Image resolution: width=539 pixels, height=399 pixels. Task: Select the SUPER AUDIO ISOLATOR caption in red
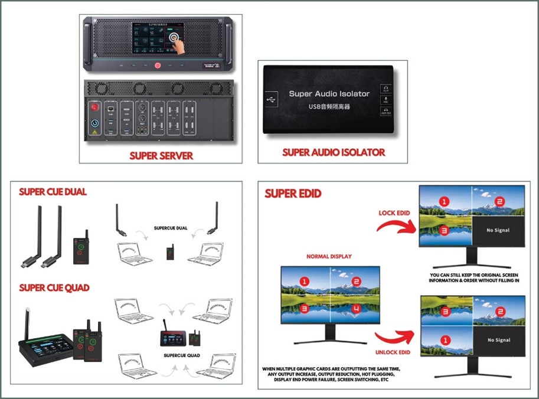[334, 152]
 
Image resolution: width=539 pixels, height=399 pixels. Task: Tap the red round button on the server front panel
[157, 66]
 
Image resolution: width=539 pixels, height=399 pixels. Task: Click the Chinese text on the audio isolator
[329, 107]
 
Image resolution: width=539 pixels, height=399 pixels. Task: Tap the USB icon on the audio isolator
[270, 99]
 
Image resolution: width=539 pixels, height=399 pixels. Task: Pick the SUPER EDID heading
[289, 194]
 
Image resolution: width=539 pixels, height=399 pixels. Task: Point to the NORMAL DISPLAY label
[329, 257]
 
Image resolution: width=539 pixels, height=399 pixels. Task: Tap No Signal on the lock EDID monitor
[498, 230]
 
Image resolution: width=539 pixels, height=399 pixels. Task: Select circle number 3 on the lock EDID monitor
[445, 230]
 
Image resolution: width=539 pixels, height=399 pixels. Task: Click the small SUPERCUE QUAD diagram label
[181, 357]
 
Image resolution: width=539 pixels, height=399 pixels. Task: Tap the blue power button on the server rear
[94, 125]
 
